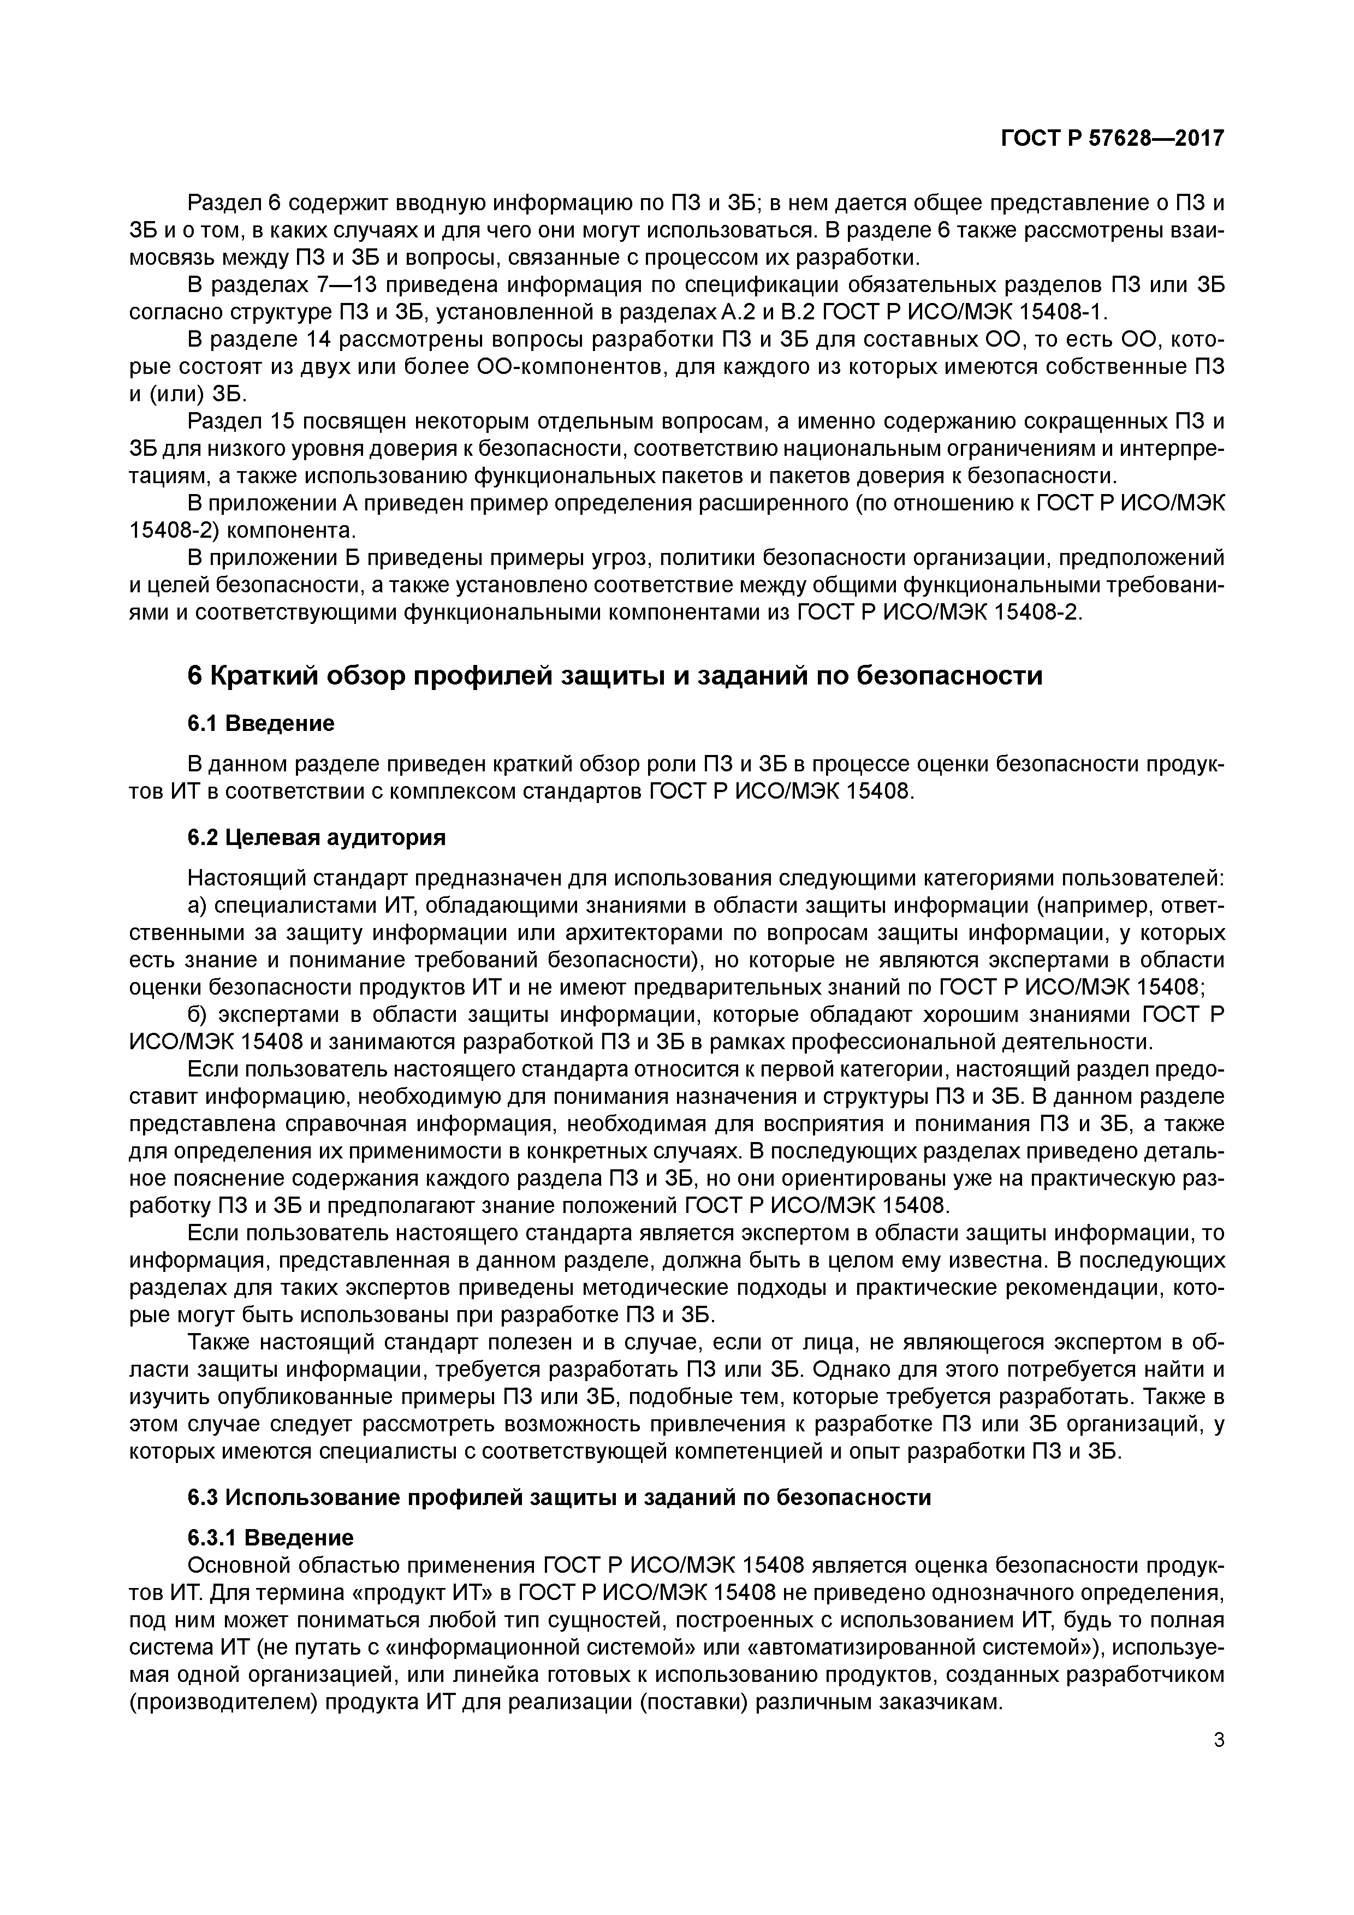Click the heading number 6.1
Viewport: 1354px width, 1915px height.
[x=203, y=723]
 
